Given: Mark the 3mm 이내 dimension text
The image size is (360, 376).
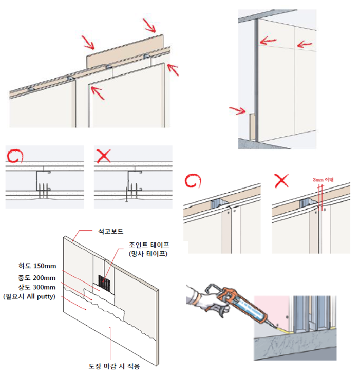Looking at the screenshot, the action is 323,180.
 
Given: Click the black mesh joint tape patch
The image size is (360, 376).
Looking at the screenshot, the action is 106,282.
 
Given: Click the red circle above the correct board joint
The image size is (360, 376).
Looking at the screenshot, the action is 194,181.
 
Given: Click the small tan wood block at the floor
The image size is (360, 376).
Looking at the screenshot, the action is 252,126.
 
